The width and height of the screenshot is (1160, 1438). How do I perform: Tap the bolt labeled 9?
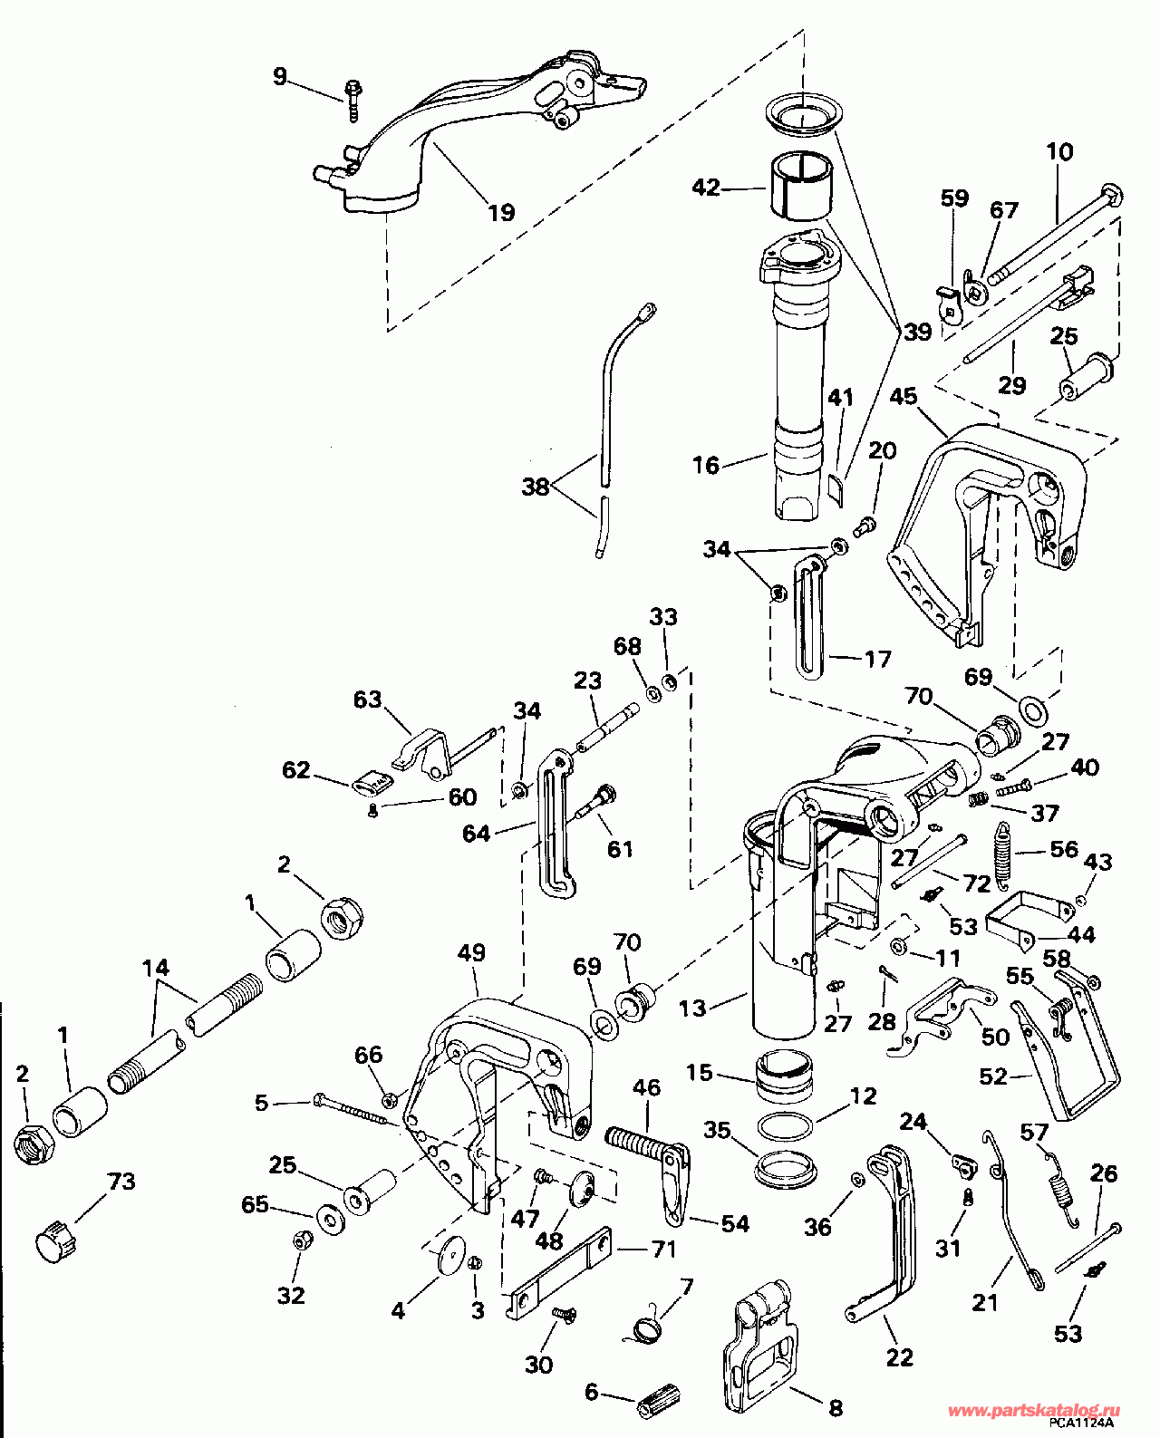tap(353, 101)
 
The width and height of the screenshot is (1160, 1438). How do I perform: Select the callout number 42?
tap(706, 187)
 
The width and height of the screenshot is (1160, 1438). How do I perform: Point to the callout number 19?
tap(501, 212)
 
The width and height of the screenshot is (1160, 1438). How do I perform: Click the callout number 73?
tap(121, 1181)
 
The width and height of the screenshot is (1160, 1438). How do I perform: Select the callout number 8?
tap(835, 1404)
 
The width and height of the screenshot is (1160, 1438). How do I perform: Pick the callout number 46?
tap(646, 1087)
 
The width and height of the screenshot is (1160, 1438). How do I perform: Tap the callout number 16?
tap(706, 465)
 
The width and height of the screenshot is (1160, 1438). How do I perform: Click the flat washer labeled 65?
tap(328, 1213)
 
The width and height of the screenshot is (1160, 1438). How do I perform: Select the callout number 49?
tap(471, 952)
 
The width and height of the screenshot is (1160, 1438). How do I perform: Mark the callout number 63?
tap(368, 699)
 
